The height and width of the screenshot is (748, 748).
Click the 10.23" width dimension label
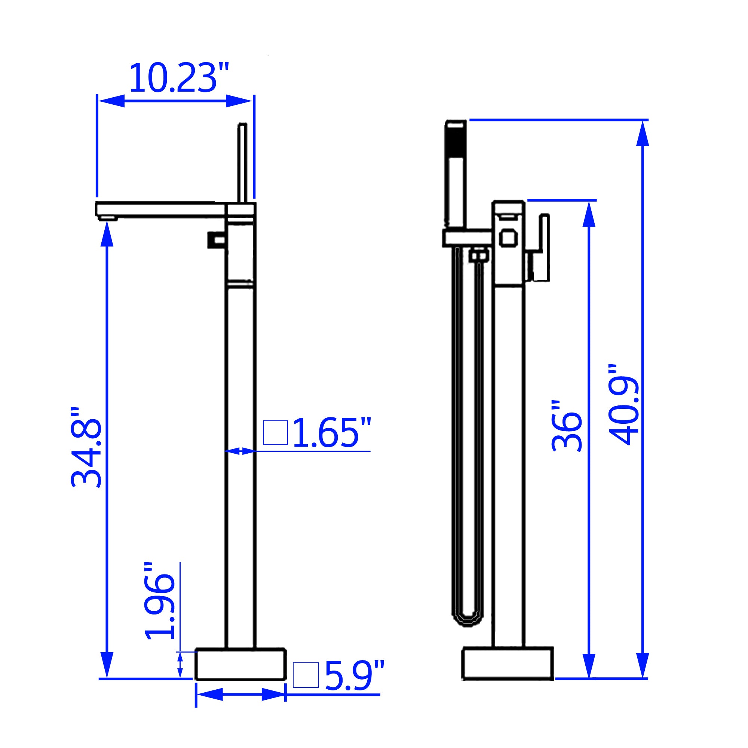(x=179, y=79)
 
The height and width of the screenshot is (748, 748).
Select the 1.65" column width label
(x=331, y=433)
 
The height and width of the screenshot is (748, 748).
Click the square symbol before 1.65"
(x=275, y=432)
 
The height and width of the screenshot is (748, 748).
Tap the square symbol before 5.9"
(x=306, y=675)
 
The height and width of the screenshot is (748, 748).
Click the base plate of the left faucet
(x=240, y=663)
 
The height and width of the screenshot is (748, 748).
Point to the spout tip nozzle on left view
(x=107, y=219)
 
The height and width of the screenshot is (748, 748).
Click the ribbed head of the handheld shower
(x=456, y=145)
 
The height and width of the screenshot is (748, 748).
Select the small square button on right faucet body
(x=508, y=237)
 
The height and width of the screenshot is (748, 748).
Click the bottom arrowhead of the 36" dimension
(x=588, y=665)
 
